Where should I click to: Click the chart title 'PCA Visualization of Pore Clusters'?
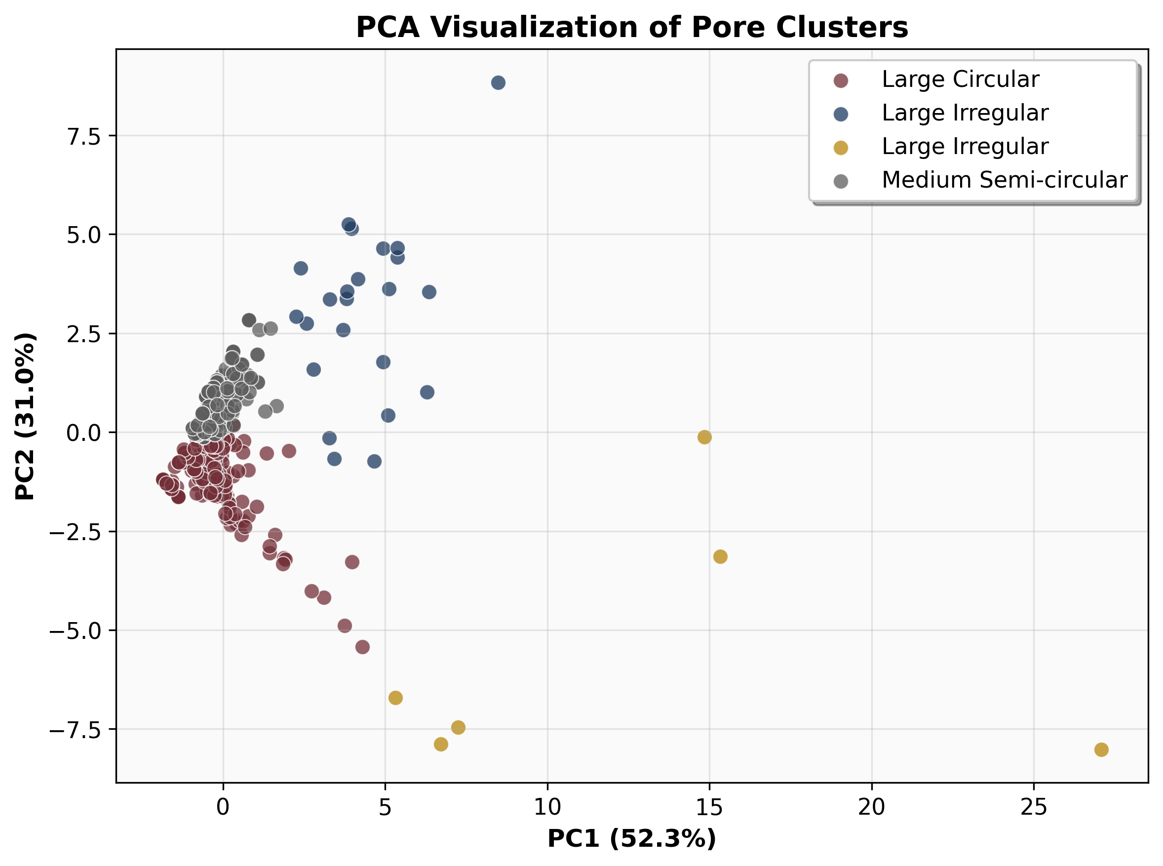point(631,27)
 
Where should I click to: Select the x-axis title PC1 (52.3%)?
point(631,838)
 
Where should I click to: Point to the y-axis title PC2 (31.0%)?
point(25,416)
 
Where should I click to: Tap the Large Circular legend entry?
point(960,79)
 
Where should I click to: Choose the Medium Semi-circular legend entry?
point(1004,180)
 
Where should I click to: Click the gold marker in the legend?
point(841,148)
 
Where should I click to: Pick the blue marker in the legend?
point(841,114)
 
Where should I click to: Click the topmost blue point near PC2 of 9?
point(498,83)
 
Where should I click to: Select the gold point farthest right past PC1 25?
point(1101,749)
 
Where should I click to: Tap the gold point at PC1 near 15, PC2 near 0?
point(704,437)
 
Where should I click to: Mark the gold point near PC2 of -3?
point(720,557)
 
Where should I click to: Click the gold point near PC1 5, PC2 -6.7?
point(395,698)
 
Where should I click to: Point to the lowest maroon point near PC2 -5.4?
point(362,647)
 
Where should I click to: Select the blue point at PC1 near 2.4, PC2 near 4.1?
point(301,269)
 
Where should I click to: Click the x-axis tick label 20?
point(872,808)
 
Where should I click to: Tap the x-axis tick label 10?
point(547,808)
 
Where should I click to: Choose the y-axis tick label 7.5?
point(83,136)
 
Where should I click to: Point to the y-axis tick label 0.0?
point(83,433)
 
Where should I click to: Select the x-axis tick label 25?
point(1034,808)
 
